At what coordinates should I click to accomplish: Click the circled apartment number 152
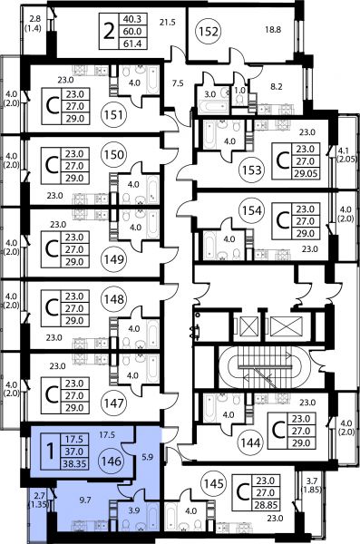point(209,32)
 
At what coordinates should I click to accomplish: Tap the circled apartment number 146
point(112,461)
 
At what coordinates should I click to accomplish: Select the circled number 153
point(252,170)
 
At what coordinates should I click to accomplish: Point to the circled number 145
point(214,483)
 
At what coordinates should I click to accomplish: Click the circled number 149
point(114,258)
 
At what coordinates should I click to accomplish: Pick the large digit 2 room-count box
point(109,31)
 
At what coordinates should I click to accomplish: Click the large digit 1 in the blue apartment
point(51,452)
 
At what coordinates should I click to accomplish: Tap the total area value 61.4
point(132,44)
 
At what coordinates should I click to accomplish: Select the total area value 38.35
point(74,463)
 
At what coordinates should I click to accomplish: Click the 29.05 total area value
point(306,173)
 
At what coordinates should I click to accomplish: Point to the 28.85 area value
point(267,505)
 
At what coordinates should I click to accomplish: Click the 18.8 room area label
point(273,30)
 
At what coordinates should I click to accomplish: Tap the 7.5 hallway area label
point(178,83)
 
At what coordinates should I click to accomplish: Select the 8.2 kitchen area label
point(277,86)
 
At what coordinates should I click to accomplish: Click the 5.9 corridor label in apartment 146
point(147,457)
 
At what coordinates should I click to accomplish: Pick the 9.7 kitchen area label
point(85,500)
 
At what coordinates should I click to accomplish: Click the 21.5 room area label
point(168,23)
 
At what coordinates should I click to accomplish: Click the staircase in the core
point(264,367)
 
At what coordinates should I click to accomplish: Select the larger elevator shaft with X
point(286,326)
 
